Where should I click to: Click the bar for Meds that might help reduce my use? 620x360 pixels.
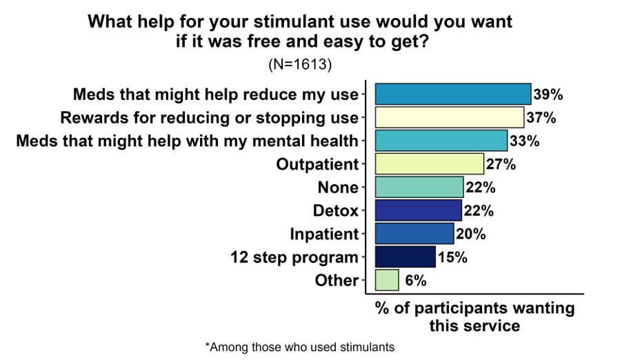pyautogui.click(x=452, y=94)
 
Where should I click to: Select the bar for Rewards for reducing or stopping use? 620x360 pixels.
pyautogui.click(x=449, y=117)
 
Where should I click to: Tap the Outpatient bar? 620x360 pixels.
pyautogui.click(x=429, y=164)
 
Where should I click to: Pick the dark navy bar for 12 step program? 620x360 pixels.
pyautogui.click(x=405, y=257)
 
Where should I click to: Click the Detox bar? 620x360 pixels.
pyautogui.click(x=418, y=210)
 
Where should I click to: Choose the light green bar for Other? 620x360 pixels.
pyautogui.click(x=387, y=281)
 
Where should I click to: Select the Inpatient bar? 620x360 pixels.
pyautogui.click(x=414, y=234)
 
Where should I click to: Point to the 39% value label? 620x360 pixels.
pyautogui.click(x=548, y=94)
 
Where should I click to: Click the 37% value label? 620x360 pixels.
pyautogui.click(x=541, y=117)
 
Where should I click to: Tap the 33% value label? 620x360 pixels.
pyautogui.click(x=524, y=141)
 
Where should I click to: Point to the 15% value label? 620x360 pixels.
pyautogui.click(x=452, y=257)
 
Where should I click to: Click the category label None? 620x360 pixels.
pyautogui.click(x=338, y=188)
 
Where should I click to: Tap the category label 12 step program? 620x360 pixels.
pyautogui.click(x=294, y=258)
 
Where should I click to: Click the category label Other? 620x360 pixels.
pyautogui.click(x=337, y=281)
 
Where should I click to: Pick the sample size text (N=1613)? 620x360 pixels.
pyautogui.click(x=300, y=65)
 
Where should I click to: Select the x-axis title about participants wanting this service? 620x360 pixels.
pyautogui.click(x=474, y=316)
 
